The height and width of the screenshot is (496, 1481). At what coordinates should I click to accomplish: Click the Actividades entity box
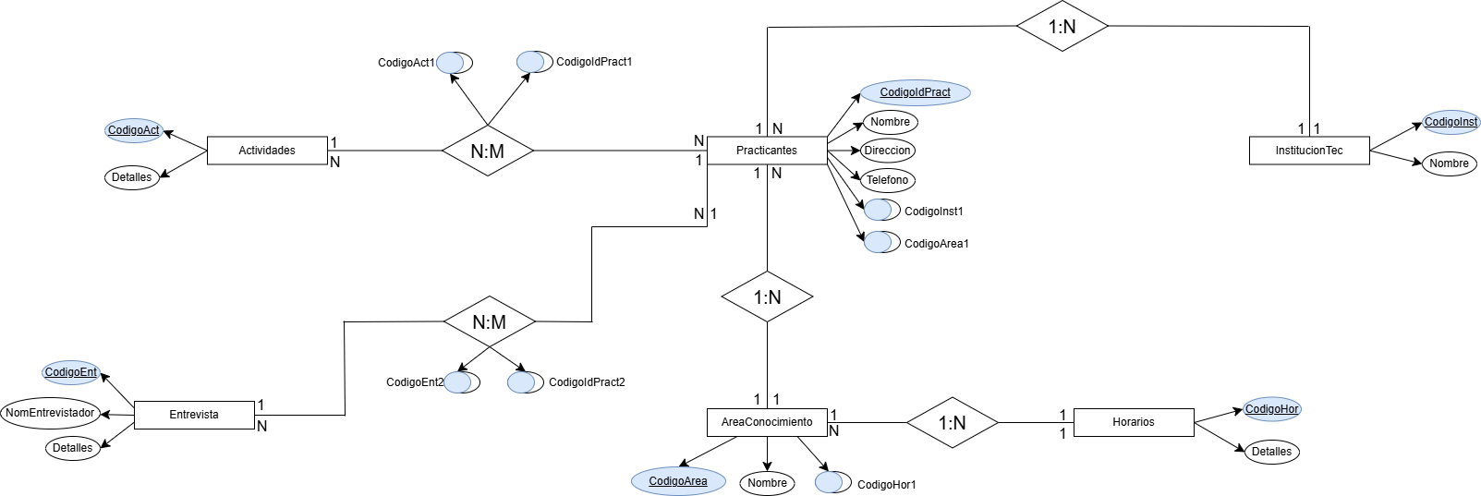tap(267, 151)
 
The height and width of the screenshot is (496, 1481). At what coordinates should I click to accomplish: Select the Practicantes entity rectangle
tap(767, 151)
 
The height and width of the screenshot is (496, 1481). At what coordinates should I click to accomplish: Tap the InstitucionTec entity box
tap(1308, 151)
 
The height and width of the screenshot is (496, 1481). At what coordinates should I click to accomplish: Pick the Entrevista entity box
tap(194, 415)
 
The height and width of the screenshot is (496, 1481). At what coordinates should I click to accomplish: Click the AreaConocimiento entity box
tap(767, 422)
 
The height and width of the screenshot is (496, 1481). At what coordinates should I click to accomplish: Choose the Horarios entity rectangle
tap(1134, 422)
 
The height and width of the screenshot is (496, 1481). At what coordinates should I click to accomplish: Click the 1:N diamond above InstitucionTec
tap(1062, 27)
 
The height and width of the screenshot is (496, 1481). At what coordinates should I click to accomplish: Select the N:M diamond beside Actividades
tap(487, 151)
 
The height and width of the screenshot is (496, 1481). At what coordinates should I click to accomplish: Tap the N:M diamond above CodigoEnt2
tap(489, 322)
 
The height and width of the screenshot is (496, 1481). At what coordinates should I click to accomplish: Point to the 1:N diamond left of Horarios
tap(952, 423)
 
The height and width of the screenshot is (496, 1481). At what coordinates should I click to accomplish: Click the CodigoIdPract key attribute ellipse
tap(915, 92)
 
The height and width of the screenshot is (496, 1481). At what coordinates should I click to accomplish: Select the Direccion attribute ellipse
tap(887, 151)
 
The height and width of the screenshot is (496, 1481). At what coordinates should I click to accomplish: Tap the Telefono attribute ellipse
tap(887, 180)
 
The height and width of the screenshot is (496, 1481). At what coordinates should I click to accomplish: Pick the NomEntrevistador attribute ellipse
tap(50, 413)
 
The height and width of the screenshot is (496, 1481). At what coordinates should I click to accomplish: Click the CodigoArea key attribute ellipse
tap(678, 481)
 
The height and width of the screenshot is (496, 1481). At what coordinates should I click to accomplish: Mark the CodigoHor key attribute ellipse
tap(1271, 409)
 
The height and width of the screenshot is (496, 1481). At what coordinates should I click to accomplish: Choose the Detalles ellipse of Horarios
tap(1271, 452)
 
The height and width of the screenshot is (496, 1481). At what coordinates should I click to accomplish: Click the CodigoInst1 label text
tap(933, 212)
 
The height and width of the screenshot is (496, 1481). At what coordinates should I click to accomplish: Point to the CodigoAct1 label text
tap(406, 63)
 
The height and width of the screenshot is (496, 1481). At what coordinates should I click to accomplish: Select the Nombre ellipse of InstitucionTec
tap(1449, 163)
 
